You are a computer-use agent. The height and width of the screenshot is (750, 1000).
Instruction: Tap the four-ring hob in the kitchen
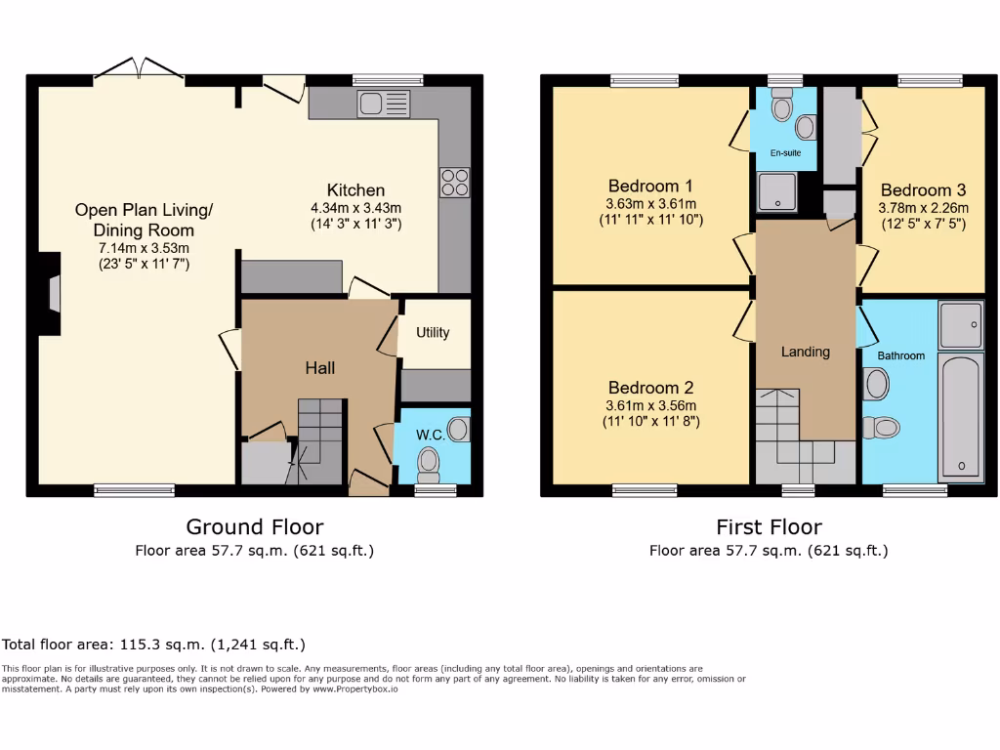pos(455,183)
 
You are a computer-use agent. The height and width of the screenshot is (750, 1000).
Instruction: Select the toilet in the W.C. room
pos(428,461)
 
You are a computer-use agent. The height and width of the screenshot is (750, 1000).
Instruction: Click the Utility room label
pos(433,332)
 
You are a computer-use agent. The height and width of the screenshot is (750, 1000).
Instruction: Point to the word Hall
pos(319,368)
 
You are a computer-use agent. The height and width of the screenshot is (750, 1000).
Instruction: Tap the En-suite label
pos(784,153)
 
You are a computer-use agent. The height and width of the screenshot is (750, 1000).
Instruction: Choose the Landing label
pos(805,352)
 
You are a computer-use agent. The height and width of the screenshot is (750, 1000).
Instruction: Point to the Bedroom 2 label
pos(649,388)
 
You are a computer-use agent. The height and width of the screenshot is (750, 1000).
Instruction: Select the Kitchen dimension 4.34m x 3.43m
pos(355,207)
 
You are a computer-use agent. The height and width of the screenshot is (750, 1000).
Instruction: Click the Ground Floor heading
pos(254,527)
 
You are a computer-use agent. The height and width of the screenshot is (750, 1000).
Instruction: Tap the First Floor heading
pos(769,527)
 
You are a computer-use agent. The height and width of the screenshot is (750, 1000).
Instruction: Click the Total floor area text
pos(153,645)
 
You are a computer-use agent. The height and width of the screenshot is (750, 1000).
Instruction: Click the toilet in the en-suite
pos(782,106)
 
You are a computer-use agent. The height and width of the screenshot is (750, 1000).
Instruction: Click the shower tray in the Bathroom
pos(960,324)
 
